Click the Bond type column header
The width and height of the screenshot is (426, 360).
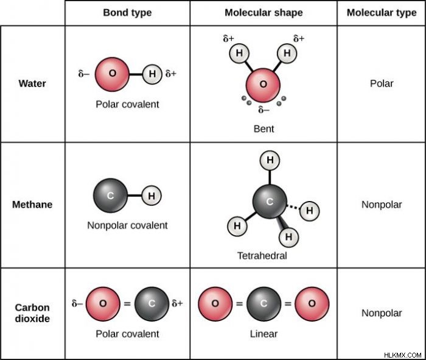point(127,13)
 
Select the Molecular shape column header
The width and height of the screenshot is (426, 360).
point(264,13)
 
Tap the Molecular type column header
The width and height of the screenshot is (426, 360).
point(382,13)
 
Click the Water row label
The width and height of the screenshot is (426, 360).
point(32,83)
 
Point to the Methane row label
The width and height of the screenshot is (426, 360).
point(32,205)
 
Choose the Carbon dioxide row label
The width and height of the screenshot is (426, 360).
point(32,313)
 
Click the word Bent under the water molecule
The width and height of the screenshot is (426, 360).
point(264,129)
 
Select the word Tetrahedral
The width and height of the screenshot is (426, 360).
point(262,256)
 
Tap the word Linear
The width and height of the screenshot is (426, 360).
point(264,334)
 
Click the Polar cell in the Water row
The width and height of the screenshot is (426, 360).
point(382,83)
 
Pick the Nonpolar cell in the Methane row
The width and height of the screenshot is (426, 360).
point(382,205)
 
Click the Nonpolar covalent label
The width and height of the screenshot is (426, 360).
point(127,225)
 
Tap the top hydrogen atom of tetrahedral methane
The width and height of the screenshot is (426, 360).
point(270,160)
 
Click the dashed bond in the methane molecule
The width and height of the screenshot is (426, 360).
point(293,207)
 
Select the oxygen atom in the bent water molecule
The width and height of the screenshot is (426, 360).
point(263,85)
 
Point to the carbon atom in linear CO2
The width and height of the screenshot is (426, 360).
point(264,304)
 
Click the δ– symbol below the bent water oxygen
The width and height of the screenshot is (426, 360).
point(264,109)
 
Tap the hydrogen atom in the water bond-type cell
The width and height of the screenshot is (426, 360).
point(152,74)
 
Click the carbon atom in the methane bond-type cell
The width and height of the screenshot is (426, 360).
point(110,196)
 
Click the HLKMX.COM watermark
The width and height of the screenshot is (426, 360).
point(403,355)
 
